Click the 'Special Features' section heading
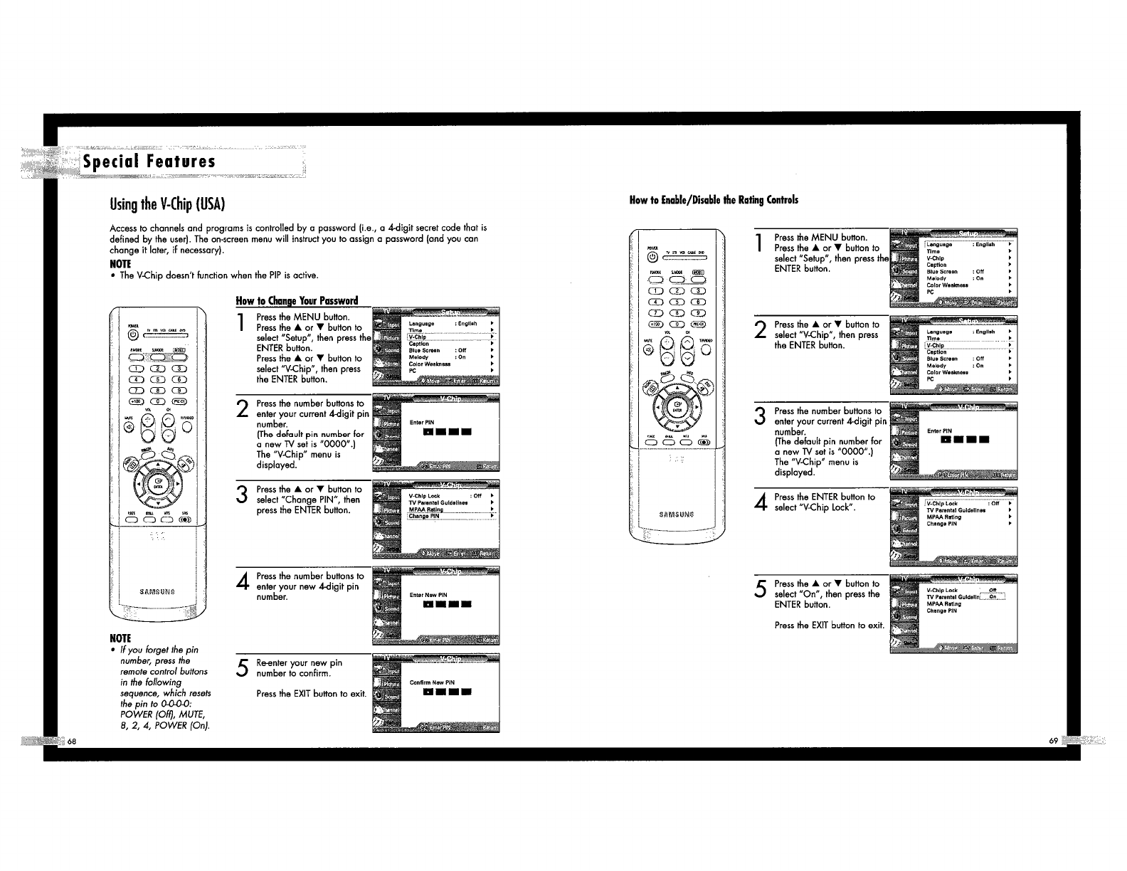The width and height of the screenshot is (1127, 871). [149, 162]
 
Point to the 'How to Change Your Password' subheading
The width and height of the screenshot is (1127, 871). [297, 300]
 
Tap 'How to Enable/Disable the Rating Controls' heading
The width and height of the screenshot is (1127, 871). [714, 200]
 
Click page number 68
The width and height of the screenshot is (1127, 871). [73, 741]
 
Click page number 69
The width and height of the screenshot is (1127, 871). [1053, 741]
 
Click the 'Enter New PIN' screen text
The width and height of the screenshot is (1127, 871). [428, 595]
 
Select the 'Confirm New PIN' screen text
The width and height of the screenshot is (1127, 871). [432, 682]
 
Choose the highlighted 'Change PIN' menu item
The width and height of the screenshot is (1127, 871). [424, 517]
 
